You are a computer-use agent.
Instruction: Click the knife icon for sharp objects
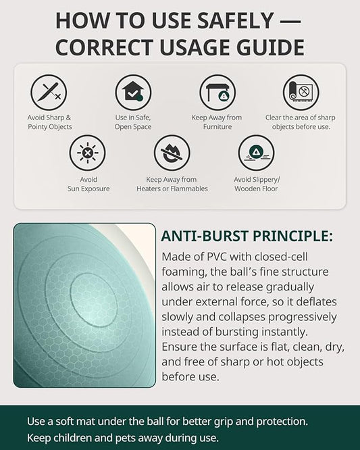click(49, 93)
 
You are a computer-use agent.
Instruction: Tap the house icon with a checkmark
click(133, 93)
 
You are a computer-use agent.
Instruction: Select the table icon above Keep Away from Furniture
click(217, 93)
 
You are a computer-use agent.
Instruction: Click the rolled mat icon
click(301, 93)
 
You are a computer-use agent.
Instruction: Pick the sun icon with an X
click(87, 153)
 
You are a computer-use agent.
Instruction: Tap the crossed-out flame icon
click(172, 153)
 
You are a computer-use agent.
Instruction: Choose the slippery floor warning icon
click(256, 153)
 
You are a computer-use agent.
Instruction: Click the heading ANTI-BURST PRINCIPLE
click(247, 236)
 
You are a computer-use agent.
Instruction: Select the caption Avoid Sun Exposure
click(88, 184)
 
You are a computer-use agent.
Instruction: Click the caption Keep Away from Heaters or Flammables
click(172, 184)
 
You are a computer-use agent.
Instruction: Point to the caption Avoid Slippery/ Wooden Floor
click(257, 184)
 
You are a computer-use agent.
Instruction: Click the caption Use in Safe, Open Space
click(133, 122)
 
